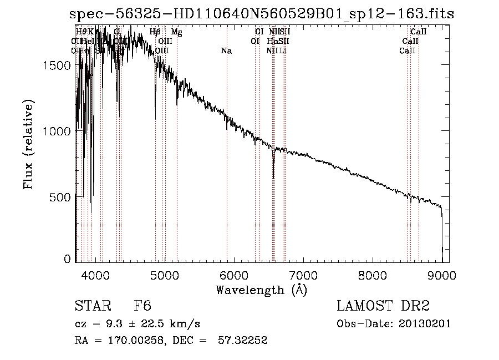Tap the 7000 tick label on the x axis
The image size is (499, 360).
coord(303,274)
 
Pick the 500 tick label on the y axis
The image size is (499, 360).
coord(62,197)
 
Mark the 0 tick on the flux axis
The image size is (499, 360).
coord(68,258)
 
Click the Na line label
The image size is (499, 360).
coord(226,51)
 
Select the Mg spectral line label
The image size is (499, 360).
coord(176,33)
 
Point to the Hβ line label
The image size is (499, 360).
coord(155,33)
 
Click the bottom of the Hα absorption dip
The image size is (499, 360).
coord(273,178)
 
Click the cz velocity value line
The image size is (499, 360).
coord(137,324)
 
